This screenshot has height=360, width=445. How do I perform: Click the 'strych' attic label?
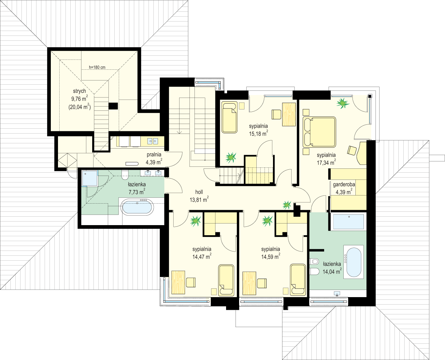(79, 91)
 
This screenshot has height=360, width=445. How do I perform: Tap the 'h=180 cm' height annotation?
(97, 67)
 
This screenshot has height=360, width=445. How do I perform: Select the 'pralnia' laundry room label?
(154, 155)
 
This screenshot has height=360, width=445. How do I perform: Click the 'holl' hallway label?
(199, 192)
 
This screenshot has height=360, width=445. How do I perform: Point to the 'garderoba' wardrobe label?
(344, 184)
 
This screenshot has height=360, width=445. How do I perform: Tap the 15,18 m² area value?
(258, 133)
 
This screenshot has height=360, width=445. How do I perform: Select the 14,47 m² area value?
(202, 256)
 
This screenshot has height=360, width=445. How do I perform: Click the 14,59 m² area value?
(271, 256)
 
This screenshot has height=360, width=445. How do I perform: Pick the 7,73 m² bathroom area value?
(137, 192)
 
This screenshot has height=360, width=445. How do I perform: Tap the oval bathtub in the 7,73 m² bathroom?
(137, 207)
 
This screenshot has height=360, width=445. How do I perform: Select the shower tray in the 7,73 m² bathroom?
(90, 178)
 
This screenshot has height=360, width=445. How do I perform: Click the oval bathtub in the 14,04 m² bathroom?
(354, 262)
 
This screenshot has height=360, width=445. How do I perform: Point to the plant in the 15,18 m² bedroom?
(231, 157)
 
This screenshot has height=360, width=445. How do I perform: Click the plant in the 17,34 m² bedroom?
(342, 103)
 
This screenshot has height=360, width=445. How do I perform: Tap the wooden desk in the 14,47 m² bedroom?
(178, 282)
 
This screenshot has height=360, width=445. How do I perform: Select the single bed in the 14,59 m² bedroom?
(298, 280)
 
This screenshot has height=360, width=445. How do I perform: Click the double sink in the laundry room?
(152, 141)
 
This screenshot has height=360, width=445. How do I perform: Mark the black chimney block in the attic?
(113, 106)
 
